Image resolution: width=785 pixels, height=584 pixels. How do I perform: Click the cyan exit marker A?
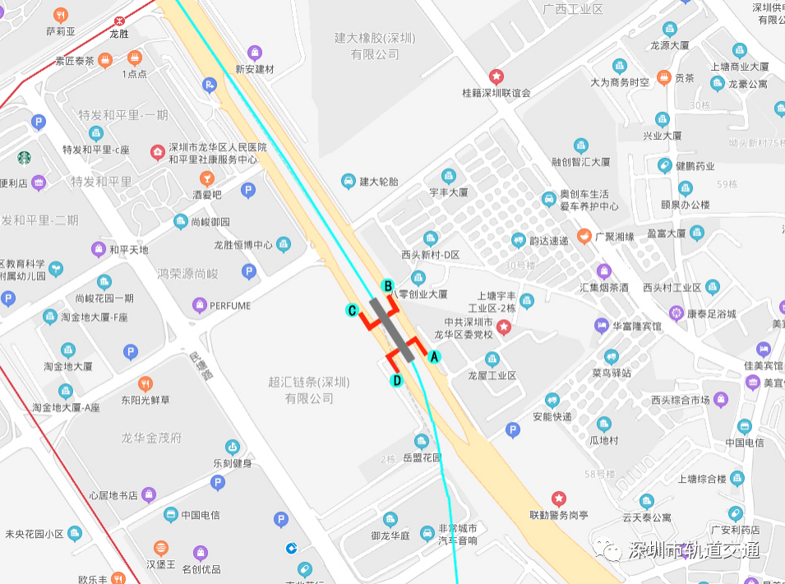pyautogui.click(x=435, y=356)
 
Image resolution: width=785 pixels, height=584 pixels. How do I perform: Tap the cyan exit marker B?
pyautogui.click(x=388, y=285)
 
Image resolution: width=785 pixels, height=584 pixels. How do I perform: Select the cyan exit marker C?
pyautogui.click(x=352, y=310)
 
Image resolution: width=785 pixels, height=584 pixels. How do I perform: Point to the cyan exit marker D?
pyautogui.click(x=396, y=380)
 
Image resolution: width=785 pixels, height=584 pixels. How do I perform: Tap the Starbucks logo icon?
pyautogui.click(x=24, y=157)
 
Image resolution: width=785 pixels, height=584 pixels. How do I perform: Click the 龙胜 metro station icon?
pyautogui.click(x=119, y=20)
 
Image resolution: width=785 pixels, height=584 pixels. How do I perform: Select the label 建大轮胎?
pyautogui.click(x=378, y=181)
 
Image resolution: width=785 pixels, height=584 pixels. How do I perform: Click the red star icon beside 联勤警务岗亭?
pyautogui.click(x=559, y=498)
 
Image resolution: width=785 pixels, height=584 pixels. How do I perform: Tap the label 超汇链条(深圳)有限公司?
pyautogui.click(x=309, y=390)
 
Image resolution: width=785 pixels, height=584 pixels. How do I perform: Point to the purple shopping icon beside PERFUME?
pyautogui.click(x=199, y=306)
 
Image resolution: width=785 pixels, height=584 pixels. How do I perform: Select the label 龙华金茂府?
pyautogui.click(x=151, y=438)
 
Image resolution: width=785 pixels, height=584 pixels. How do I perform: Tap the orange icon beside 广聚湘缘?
pyautogui.click(x=584, y=237)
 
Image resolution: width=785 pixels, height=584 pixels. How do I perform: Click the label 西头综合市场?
pyautogui.click(x=680, y=401)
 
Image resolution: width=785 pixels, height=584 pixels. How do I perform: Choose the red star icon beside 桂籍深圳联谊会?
pyautogui.click(x=496, y=76)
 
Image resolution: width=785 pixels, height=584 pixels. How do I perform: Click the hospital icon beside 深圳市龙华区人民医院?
pyautogui.click(x=157, y=152)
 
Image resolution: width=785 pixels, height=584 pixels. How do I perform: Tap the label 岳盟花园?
pyautogui.click(x=423, y=457)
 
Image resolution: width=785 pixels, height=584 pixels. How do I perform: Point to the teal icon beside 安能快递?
pyautogui.click(x=552, y=401)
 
